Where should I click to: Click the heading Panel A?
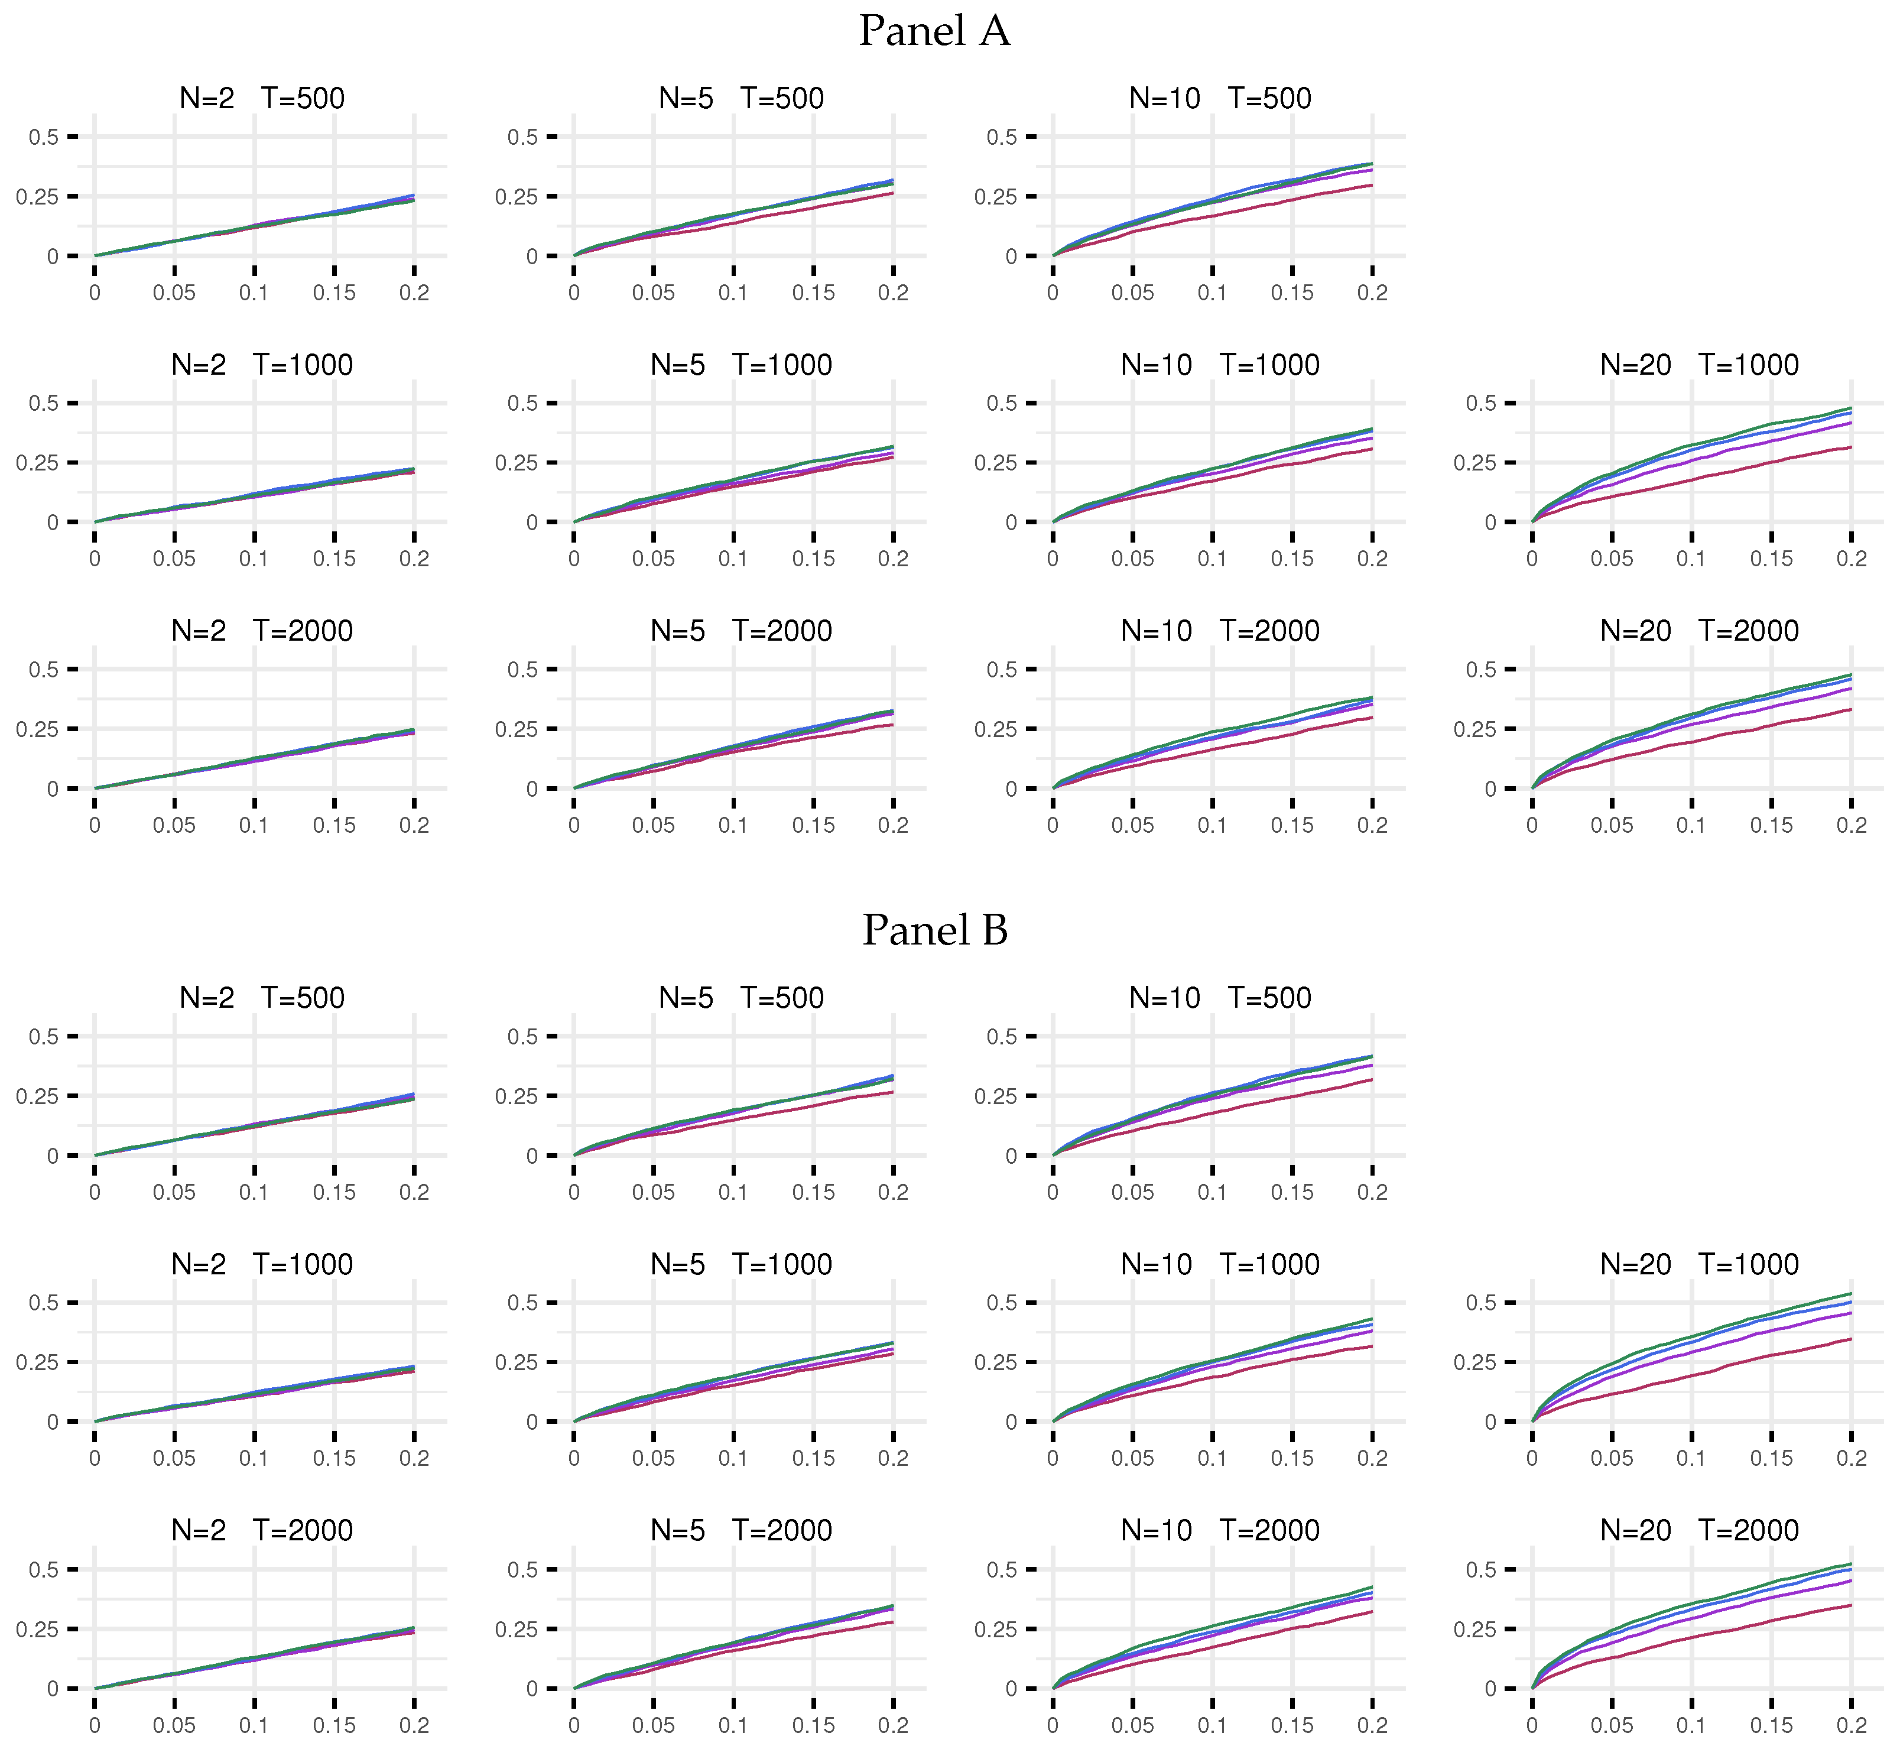[934, 31]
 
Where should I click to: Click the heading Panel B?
[934, 931]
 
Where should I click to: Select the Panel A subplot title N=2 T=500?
[262, 98]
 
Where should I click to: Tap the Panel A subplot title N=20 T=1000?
[1698, 365]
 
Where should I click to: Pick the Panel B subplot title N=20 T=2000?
[1698, 1531]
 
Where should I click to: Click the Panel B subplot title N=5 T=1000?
[740, 1264]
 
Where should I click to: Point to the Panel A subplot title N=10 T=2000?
[1220, 631]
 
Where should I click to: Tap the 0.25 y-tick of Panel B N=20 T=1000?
[1480, 1362]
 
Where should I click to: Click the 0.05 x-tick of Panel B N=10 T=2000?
[1132, 1725]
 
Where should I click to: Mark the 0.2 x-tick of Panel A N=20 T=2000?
[1851, 826]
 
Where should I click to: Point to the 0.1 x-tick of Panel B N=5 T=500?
[733, 1192]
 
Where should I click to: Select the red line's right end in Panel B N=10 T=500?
[1372, 1080]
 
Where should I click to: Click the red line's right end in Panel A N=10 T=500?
[1372, 185]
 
